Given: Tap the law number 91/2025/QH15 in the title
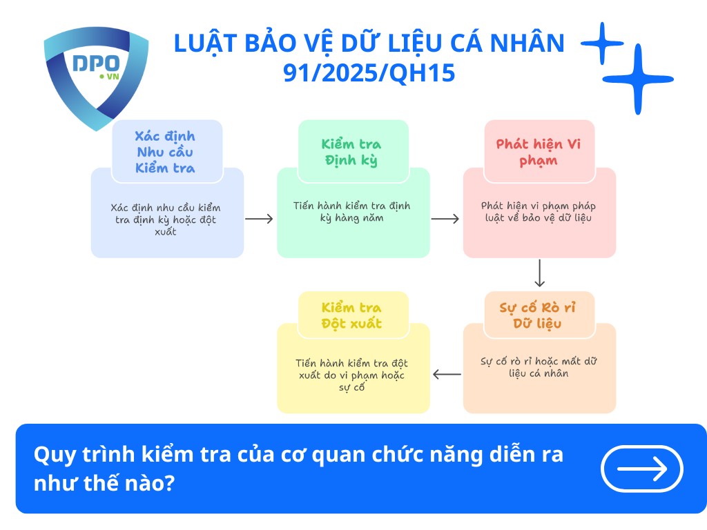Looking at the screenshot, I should [x=369, y=72].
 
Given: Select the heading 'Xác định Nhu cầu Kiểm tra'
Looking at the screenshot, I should [x=165, y=152].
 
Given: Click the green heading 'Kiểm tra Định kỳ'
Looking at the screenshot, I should [x=351, y=152].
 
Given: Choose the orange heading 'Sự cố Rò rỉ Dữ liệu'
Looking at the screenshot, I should [x=537, y=315].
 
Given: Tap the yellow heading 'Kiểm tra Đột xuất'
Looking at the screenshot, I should [x=351, y=315].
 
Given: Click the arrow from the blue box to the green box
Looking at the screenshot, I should [x=260, y=219].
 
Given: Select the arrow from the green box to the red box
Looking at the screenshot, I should [x=445, y=219].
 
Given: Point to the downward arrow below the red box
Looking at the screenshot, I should [x=540, y=273].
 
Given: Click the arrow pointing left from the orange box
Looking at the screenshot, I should [x=447, y=375].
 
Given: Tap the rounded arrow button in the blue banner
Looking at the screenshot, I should [x=642, y=469].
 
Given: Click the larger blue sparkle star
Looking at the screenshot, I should [x=637, y=79].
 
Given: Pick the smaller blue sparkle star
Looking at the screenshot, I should [x=602, y=43].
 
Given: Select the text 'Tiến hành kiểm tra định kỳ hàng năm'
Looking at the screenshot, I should [x=352, y=212].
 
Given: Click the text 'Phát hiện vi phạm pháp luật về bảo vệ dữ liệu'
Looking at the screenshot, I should [x=539, y=212].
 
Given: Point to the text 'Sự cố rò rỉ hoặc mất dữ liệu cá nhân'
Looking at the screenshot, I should [x=539, y=367].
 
